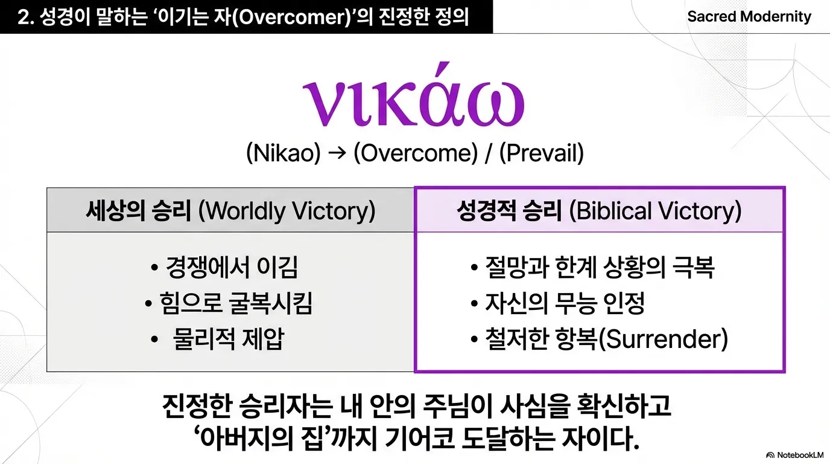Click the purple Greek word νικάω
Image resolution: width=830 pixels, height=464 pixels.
pyautogui.click(x=413, y=95)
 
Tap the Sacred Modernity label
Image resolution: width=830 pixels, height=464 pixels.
pyautogui.click(x=749, y=17)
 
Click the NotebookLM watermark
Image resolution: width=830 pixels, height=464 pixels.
pyautogui.click(x=795, y=455)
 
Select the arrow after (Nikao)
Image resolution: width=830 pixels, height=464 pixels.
pyautogui.click(x=337, y=153)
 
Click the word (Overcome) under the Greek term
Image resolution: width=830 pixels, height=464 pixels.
pyautogui.click(x=416, y=153)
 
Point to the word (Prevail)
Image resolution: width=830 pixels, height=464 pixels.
pyautogui.click(x=541, y=153)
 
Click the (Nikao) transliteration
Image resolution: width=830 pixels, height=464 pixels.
pyautogui.click(x=284, y=153)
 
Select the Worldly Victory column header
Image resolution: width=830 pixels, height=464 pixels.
pyautogui.click(x=230, y=210)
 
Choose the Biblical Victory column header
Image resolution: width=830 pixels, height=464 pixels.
pyautogui.click(x=599, y=210)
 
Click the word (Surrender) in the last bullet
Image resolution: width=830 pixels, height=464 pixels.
pyautogui.click(x=664, y=338)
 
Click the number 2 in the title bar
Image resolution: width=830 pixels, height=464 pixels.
pyautogui.click(x=24, y=18)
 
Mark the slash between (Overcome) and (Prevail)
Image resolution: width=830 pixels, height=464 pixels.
pyautogui.click(x=489, y=153)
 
